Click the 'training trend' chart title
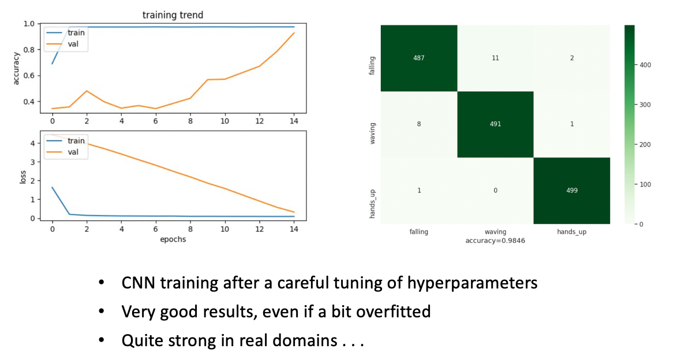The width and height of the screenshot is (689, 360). pos(173,15)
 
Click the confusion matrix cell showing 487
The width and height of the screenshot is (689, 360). pos(419,58)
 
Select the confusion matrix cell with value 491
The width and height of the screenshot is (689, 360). pos(495,125)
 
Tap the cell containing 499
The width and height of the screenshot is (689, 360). pos(572,191)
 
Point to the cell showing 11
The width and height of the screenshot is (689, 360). pos(495,58)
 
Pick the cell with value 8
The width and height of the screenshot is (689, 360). pos(419,125)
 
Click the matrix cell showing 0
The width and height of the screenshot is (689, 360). pos(495,191)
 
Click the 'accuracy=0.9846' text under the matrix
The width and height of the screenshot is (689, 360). pos(495,241)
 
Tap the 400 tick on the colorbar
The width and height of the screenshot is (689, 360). pos(645,65)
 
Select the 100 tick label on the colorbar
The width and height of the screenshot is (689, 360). pos(645,185)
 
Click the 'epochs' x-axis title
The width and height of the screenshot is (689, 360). pos(173,239)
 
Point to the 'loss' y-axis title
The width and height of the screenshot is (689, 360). pos(23,177)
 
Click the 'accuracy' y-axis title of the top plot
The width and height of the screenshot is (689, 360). pos(16,68)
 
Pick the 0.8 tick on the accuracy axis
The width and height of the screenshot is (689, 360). pos(30,50)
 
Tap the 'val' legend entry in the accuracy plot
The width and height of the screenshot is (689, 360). pos(73,44)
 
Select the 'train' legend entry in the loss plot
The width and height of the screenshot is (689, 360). pos(76,141)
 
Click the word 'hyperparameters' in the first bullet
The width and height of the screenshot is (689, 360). pos(473,283)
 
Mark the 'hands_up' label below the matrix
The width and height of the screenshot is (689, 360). pos(572,232)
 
